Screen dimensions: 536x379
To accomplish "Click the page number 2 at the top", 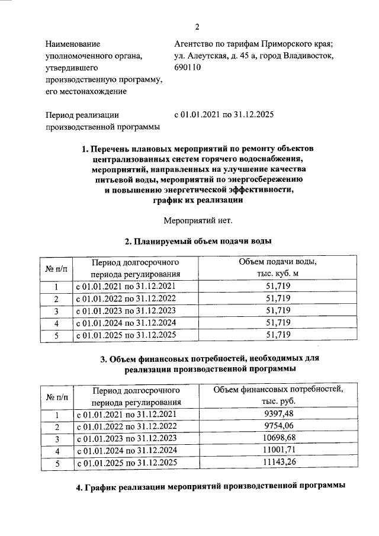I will click(198, 27).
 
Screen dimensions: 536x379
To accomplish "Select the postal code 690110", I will click(188, 68).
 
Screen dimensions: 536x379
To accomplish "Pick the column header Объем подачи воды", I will click(277, 262).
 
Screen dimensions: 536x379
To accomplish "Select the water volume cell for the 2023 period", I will click(277, 310).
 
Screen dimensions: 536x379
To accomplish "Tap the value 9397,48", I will click(277, 414).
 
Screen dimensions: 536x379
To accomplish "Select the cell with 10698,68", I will click(277, 438).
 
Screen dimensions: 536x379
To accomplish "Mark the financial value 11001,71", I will click(277, 451).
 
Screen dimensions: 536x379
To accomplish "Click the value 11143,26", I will click(277, 463).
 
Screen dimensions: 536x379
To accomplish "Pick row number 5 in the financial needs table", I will click(57, 463).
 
